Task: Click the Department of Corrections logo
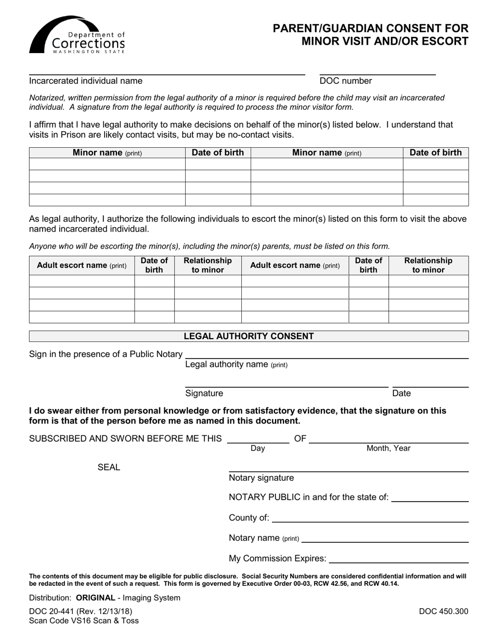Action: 77,35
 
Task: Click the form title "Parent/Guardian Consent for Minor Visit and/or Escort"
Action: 370,34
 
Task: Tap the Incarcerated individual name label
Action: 86,81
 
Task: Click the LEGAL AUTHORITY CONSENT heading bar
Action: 249,336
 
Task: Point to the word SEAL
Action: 109,467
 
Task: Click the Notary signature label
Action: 261,478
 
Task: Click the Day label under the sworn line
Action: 258,448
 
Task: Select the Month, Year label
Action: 388,448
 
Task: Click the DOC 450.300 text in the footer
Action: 443,611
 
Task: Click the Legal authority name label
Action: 236,365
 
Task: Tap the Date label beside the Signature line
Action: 401,393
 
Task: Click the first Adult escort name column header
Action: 82,265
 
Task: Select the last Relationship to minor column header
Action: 428,265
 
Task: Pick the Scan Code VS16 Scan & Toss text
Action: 84,620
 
